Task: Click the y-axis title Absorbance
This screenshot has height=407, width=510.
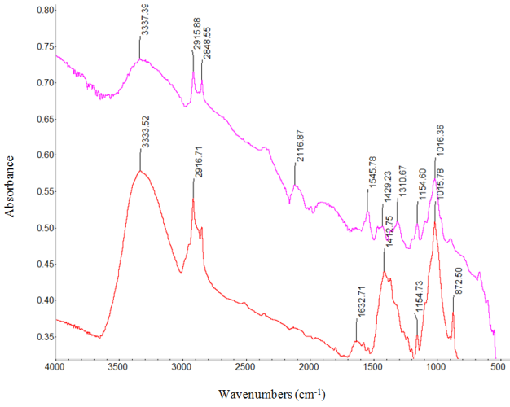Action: coord(11,182)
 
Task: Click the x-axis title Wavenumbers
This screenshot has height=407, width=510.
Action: coord(271,394)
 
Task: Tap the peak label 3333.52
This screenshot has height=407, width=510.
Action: coord(144,131)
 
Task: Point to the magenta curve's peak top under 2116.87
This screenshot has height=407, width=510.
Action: coord(295,185)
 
